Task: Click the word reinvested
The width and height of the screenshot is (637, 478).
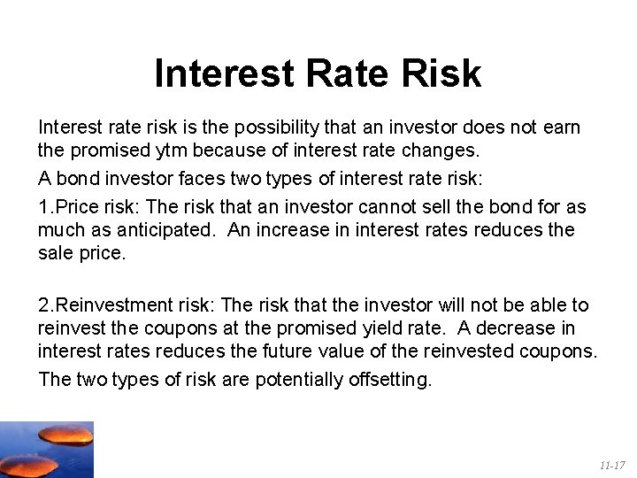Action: click(x=454, y=351)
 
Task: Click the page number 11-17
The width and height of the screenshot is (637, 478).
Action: click(x=610, y=465)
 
